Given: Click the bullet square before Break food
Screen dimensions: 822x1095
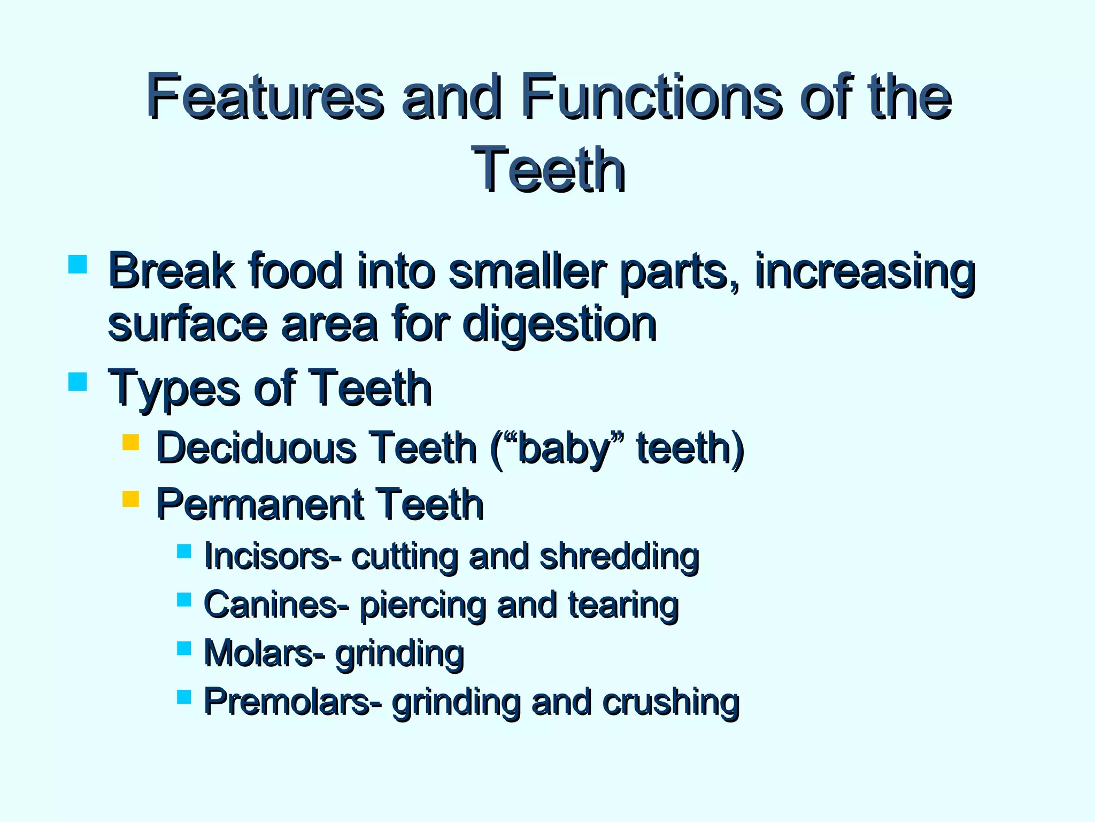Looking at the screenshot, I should coord(78,264).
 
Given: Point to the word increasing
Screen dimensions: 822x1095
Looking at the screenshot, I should coord(865,271).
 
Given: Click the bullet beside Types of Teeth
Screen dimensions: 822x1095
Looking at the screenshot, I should coord(78,382).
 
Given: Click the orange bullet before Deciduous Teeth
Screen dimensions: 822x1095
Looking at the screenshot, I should coord(130,442).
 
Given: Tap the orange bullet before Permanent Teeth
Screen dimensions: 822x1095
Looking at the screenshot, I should coord(130,499).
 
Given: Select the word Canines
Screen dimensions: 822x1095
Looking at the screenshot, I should coord(276,605).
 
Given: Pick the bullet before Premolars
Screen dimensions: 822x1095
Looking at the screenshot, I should coord(184,696).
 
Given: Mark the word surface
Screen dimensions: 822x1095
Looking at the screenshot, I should coord(187,324).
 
